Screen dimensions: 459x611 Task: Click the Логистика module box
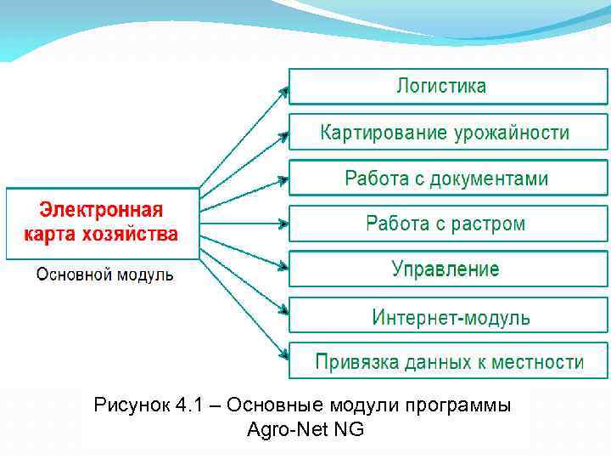pos(448,86)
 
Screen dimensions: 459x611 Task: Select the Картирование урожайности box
pos(448,133)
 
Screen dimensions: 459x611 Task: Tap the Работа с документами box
pos(448,178)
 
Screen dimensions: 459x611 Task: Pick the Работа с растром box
pos(448,224)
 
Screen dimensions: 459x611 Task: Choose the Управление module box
pos(448,269)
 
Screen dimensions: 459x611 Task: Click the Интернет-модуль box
pos(448,316)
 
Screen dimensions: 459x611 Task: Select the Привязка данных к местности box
pos(448,361)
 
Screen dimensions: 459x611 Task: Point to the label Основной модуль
pos(104,275)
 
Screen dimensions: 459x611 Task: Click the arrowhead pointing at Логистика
pos(283,88)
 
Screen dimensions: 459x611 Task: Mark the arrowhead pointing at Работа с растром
pos(283,224)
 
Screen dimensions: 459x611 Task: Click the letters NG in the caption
pos(349,429)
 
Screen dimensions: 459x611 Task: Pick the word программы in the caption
pos(463,405)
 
